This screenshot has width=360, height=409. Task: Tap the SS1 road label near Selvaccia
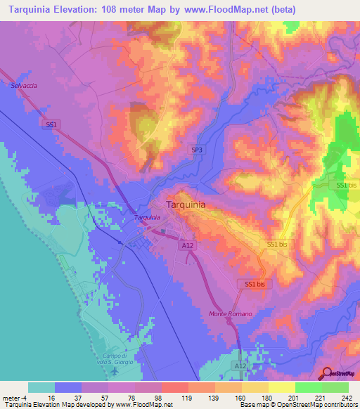(50, 124)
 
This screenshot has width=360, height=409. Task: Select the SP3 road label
(197, 150)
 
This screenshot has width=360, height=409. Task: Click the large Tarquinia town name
(186, 204)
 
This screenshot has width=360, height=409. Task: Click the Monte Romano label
(230, 313)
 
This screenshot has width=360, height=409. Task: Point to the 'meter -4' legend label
(12, 397)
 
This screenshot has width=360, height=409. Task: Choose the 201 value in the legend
(281, 397)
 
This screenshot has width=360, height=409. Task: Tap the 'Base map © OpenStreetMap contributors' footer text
(298, 405)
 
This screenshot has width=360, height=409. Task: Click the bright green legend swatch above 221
(308, 387)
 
